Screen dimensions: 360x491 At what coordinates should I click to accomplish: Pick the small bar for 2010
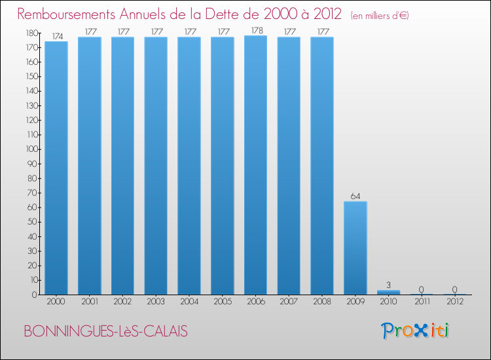(389, 292)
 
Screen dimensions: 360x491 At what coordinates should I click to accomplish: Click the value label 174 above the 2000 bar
(56, 37)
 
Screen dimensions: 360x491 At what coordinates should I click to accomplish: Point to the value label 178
(256, 30)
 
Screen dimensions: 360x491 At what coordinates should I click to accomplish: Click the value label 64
(355, 196)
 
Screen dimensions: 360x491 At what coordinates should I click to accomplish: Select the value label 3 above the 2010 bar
(389, 285)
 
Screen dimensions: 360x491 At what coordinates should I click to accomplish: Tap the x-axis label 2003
(156, 302)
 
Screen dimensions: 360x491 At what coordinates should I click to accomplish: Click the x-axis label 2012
(456, 302)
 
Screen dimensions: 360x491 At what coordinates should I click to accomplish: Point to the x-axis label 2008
(323, 302)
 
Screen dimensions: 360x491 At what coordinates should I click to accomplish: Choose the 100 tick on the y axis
(31, 149)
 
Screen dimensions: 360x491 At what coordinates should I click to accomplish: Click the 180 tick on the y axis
(31, 33)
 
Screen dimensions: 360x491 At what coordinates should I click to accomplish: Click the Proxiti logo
(416, 331)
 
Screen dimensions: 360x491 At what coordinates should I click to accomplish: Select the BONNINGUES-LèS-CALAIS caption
(105, 332)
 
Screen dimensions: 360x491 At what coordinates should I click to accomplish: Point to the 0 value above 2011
(422, 289)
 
